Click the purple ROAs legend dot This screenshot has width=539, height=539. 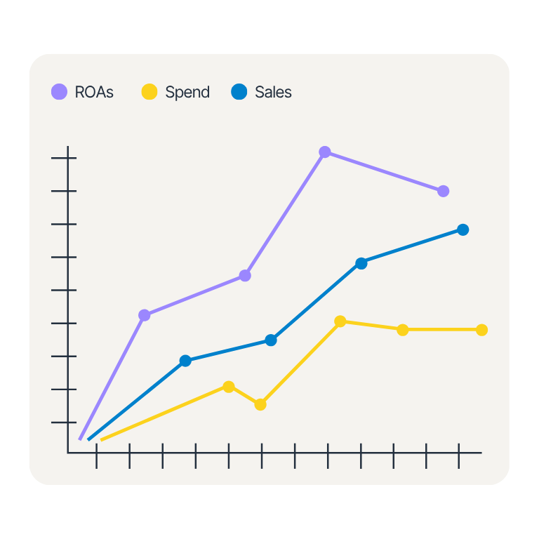(60, 92)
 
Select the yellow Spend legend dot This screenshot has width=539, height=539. (149, 92)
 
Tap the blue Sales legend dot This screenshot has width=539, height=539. (239, 92)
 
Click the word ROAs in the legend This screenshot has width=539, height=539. (94, 92)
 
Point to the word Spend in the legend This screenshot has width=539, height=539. (187, 92)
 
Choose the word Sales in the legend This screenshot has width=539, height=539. (273, 92)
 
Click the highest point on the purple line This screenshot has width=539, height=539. (325, 152)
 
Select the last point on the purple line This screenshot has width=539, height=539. (443, 191)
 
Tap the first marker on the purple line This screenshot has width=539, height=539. (145, 315)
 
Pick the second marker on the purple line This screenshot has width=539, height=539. (245, 276)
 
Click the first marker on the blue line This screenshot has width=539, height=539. (185, 361)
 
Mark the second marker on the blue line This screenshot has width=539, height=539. (271, 340)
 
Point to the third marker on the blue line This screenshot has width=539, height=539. (361, 263)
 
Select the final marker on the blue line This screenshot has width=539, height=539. (463, 229)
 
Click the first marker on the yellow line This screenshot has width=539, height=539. (229, 387)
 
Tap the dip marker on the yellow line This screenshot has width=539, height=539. (260, 404)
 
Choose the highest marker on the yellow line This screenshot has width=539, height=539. (340, 321)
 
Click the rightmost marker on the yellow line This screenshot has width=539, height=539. (482, 330)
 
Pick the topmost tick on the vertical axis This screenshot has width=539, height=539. (63, 158)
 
